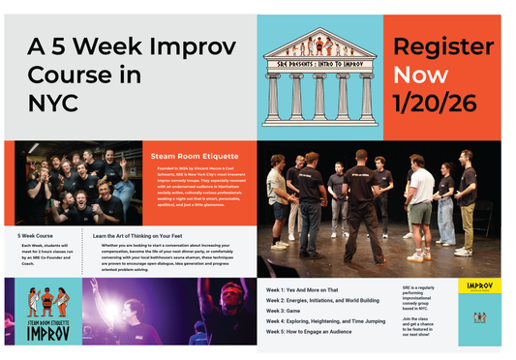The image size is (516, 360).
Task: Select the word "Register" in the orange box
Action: tap(442, 46)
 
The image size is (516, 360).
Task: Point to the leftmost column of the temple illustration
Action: tap(274, 101)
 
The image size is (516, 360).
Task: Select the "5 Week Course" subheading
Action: tap(37, 235)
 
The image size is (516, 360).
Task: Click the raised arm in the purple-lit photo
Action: tap(98, 290)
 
